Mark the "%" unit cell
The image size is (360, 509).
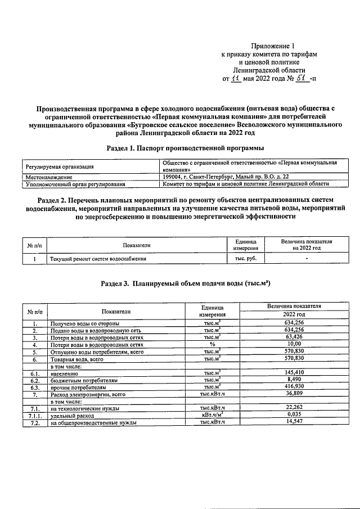click(212, 344)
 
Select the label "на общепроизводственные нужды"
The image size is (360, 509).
click(93, 422)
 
